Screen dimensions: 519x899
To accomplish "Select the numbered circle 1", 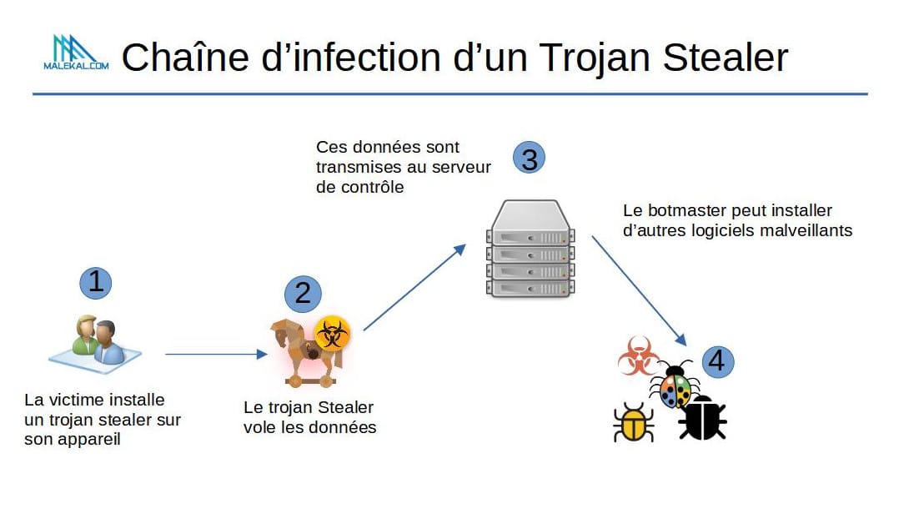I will (x=96, y=282).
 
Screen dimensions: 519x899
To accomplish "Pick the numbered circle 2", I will (x=303, y=292).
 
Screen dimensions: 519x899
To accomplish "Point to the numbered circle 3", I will (x=530, y=158).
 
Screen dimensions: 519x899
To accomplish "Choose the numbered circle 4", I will (x=718, y=360).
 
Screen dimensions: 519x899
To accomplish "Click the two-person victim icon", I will (x=96, y=340).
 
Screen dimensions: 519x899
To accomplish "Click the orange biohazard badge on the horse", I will (x=333, y=335).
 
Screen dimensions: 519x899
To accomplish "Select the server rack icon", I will (x=530, y=249).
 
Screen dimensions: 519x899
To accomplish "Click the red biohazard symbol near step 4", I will (x=638, y=356).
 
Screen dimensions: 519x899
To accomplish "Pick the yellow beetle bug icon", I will (x=634, y=422).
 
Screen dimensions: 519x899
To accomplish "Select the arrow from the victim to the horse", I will (x=215, y=355).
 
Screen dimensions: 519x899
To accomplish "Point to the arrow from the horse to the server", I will (x=414, y=288).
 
